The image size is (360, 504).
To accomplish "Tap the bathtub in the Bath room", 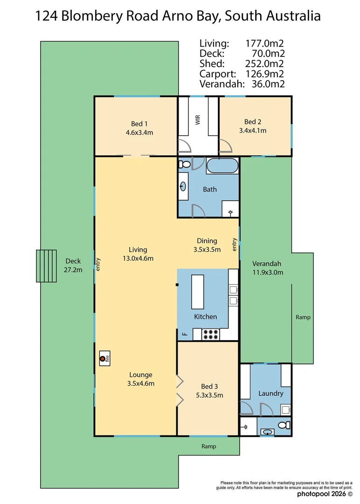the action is point(222,166).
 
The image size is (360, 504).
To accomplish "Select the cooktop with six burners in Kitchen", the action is point(210,334).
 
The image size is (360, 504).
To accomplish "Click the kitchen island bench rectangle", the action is point(198,292).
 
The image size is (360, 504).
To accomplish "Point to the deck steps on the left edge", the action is point(46,266).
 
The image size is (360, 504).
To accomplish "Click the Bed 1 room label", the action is point(139,124).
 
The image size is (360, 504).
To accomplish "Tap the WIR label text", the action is point(198,120).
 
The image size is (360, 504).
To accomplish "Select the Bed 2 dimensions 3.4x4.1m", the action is point(253,131).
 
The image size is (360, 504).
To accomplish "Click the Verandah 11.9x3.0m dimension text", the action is point(268,273).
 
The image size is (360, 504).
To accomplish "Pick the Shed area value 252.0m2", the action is point(264,63).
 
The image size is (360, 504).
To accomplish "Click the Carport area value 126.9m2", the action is point(264,74).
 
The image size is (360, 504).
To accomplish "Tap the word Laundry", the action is point(271,393).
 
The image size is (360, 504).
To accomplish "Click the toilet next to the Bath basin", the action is point(184,164).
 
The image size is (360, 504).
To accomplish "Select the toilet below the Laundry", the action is point(284,425).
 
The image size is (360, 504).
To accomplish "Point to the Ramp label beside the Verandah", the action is point(303,317).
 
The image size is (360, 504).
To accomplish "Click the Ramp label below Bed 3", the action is point(209,446).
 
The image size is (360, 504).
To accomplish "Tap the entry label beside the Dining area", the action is point(235,244).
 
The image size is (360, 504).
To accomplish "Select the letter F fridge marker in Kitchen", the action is point(185,334).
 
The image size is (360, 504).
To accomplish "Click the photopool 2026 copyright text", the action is point(325,494).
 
